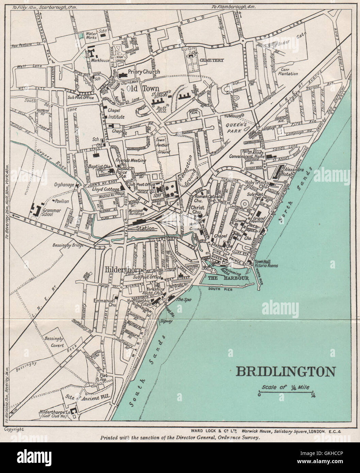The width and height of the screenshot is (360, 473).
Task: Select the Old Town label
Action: point(138,88)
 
